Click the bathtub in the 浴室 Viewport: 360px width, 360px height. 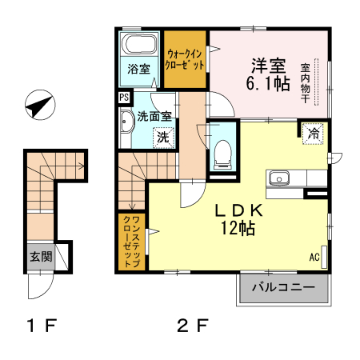pos(140,43)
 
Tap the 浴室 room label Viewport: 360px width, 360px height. pos(139,68)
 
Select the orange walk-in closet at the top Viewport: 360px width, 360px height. pos(186,58)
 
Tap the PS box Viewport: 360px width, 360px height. pos(123,98)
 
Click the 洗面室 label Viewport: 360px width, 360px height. pos(154,115)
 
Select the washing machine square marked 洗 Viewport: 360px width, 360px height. pos(162,136)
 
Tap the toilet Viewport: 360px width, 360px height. pos(222,150)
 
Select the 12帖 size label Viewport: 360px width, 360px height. pos(238,229)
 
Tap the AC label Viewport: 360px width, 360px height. pos(314,258)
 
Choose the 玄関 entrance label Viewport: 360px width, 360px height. pos(41,257)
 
